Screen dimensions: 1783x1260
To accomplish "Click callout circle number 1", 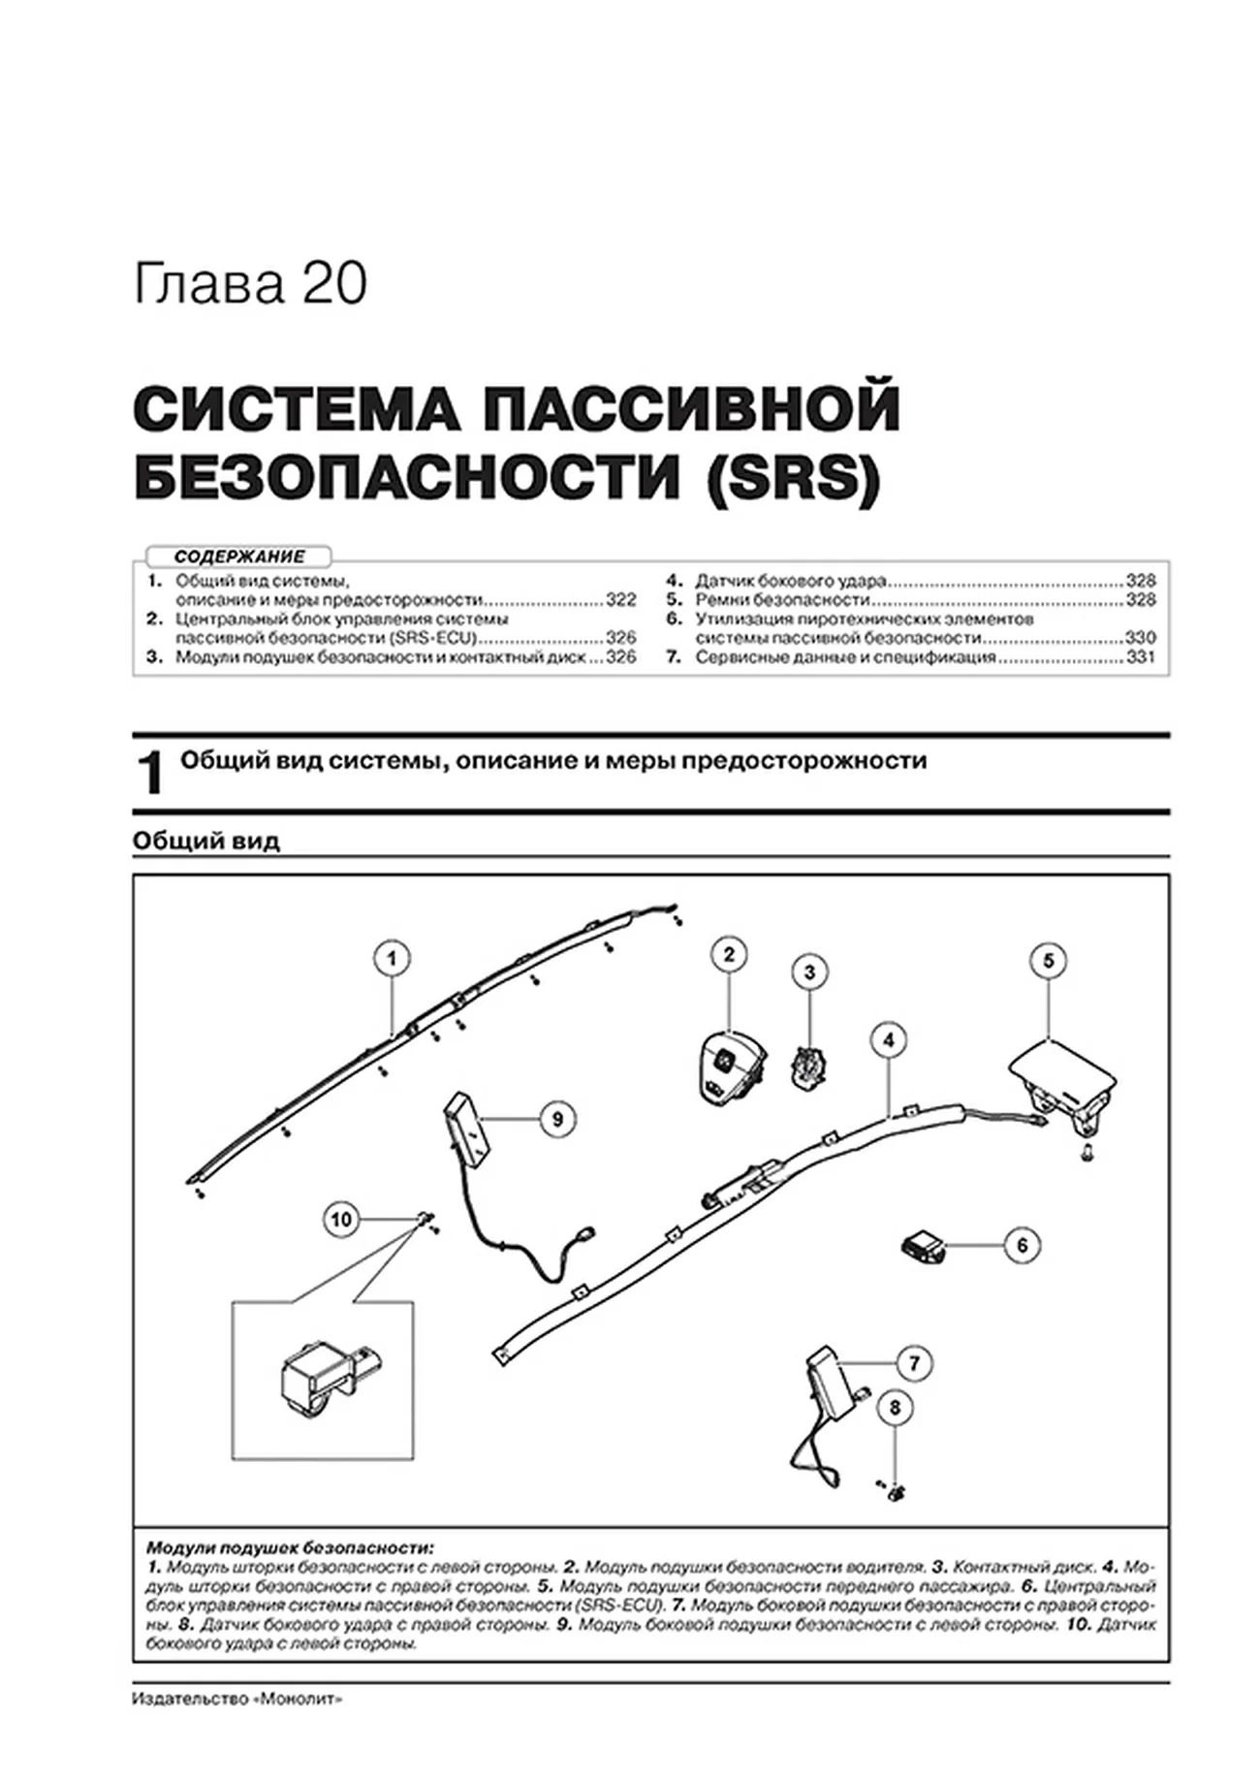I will pos(392,959).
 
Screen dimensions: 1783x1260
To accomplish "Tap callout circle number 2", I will pos(729,954).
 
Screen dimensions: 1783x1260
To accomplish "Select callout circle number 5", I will pos(1048,961).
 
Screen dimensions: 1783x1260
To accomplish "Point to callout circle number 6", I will pos(1022,1245).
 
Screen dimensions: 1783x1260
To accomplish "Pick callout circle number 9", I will pos(557,1119).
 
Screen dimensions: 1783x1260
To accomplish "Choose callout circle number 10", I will pos(341,1219).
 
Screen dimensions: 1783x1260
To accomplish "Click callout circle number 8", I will pos(895,1407).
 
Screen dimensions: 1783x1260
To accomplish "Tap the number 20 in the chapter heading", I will pos(335,285).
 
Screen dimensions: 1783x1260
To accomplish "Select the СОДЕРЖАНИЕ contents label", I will pos(239,557).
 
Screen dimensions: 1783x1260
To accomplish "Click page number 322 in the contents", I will pos(620,600).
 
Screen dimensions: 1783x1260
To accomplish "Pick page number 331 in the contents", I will pos(1141,656).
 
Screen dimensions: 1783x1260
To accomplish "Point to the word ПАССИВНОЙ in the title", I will pos(691,408).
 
